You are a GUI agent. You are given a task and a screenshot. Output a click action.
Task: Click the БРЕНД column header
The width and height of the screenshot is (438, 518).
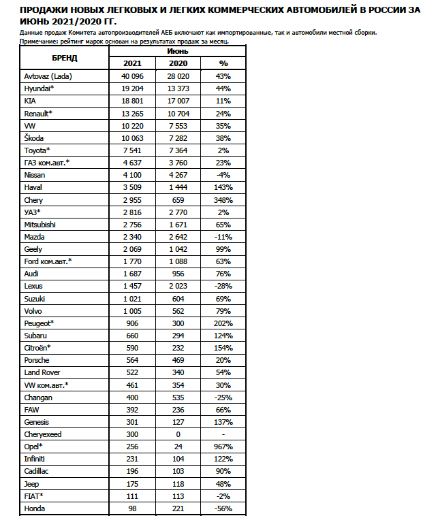(65, 57)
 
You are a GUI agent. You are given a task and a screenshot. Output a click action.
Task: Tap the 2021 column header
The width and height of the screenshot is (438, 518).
(132, 63)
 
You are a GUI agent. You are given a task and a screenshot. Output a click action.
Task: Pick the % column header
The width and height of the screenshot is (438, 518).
(223, 63)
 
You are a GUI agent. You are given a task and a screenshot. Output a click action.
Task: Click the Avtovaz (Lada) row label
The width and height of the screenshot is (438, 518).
(48, 76)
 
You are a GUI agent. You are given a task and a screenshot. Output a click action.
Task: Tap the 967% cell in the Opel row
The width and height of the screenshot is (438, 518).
(223, 447)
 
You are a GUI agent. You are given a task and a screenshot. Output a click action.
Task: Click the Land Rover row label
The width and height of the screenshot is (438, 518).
(42, 372)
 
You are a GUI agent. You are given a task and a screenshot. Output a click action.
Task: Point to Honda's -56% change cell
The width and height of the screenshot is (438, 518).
(223, 508)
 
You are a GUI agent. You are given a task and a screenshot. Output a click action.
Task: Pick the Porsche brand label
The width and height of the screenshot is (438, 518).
(37, 359)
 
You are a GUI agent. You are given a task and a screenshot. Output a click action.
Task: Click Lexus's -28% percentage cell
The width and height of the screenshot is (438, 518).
(223, 286)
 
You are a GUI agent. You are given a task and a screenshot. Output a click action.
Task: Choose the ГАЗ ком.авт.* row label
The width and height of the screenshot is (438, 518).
(47, 163)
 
